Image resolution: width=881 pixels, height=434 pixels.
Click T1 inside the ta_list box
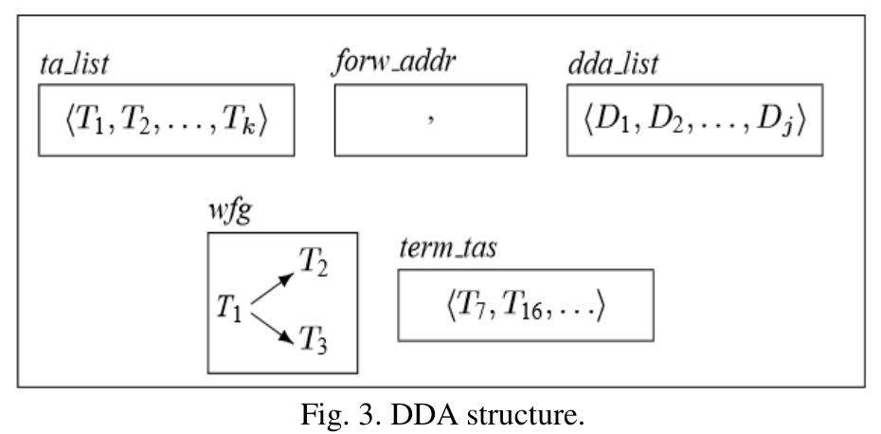pyautogui.click(x=84, y=122)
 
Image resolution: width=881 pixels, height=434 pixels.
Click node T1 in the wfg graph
pyautogui.click(x=230, y=309)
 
